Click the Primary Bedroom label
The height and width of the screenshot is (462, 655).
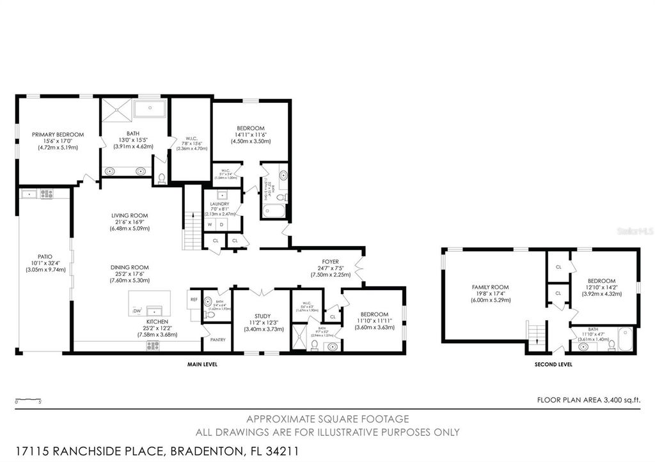[58, 134]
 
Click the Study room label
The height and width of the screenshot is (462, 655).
[262, 316]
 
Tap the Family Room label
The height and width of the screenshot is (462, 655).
[490, 287]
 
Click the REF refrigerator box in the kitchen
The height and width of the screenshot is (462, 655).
[194, 298]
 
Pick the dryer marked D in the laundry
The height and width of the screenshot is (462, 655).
[222, 224]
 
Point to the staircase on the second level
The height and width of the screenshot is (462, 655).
[534, 332]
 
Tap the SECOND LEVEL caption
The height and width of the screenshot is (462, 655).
[553, 364]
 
